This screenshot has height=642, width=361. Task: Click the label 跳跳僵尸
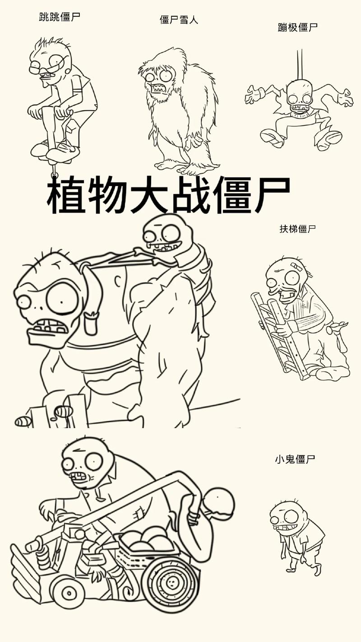60,18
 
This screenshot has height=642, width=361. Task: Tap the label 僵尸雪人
179,19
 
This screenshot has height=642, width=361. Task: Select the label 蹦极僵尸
298,27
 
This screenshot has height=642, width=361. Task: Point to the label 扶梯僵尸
298,228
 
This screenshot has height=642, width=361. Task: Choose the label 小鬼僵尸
295,460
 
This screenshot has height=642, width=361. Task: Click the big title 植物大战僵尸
168,195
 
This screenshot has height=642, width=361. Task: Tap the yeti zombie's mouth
158,88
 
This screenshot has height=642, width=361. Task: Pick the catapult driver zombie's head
88,463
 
